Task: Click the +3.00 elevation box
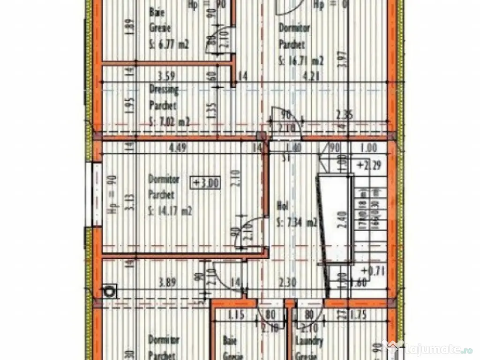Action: click(205, 182)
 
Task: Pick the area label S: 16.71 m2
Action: click(301, 60)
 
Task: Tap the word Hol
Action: click(282, 206)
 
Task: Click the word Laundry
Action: click(310, 342)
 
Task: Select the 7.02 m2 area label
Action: click(170, 123)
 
